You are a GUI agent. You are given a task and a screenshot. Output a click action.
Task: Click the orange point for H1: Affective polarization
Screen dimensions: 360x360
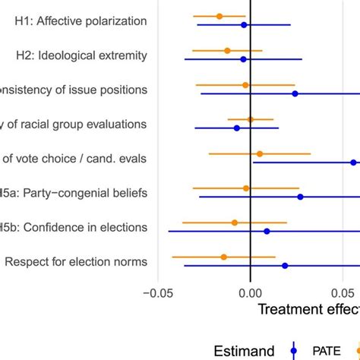[x=219, y=16]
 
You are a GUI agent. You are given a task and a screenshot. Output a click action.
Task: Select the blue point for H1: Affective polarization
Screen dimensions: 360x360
[x=244, y=25]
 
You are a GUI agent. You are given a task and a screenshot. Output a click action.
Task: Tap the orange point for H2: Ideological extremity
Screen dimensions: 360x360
[x=227, y=50]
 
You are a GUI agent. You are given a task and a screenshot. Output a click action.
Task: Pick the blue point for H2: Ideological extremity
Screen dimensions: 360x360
[x=243, y=59]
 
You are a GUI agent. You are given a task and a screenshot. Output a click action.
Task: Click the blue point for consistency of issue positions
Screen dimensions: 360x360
[x=295, y=93]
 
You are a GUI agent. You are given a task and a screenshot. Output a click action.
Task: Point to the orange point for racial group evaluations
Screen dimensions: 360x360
[x=251, y=119]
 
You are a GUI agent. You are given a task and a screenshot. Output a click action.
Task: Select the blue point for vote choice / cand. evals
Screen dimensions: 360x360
[x=353, y=163]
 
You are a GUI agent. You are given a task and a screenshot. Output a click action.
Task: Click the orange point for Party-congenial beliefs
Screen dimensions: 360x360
[x=246, y=188]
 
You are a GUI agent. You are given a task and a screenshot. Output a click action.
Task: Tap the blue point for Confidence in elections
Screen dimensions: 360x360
[x=267, y=231]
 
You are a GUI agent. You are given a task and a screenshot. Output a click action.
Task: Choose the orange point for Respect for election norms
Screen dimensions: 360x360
[x=223, y=257]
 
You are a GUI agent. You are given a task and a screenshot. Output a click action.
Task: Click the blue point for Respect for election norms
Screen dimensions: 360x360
[x=285, y=266]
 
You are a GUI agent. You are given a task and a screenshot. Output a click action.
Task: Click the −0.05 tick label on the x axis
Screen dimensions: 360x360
[x=157, y=293]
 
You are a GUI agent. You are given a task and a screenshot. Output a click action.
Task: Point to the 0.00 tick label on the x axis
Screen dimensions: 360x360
[x=251, y=293]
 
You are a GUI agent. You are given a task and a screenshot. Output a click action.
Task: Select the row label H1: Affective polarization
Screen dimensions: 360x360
[x=81, y=21]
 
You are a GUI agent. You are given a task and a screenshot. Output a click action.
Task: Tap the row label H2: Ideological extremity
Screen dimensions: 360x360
[x=82, y=55]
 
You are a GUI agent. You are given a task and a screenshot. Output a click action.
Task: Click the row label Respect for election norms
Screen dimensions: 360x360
[x=76, y=262]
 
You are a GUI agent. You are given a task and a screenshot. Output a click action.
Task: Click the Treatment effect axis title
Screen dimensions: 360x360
[x=308, y=310]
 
